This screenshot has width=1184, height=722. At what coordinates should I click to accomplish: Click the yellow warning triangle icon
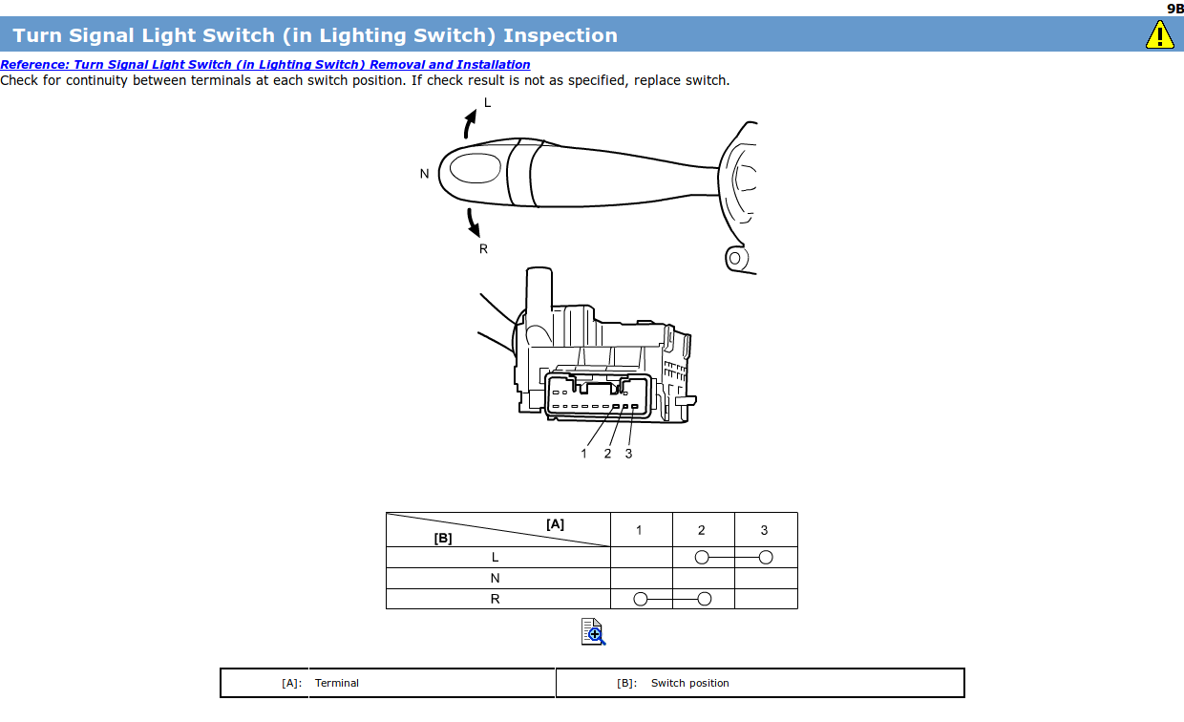point(1159,35)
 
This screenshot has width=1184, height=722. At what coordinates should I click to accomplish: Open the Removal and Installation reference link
point(265,65)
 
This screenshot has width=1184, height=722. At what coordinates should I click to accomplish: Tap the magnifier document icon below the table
point(593,631)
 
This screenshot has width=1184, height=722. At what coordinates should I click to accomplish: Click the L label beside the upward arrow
point(487,103)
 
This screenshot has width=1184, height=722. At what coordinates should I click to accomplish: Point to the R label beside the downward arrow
point(483,249)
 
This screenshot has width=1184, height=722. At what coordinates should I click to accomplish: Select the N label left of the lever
point(424,174)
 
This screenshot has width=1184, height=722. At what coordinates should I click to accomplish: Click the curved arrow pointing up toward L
point(469,123)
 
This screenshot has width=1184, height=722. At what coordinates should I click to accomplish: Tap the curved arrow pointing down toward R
point(473,223)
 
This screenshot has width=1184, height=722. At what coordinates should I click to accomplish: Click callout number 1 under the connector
point(584,454)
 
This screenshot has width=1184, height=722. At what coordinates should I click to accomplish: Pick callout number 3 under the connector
point(628,454)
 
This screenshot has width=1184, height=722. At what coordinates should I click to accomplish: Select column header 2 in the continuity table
point(702,530)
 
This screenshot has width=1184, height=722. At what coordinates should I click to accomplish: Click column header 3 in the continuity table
point(764,530)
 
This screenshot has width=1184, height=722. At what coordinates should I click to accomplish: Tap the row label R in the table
point(495,600)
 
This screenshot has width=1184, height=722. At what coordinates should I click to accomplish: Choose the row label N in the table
point(495,578)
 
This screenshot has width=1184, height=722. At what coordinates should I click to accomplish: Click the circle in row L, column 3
point(765,557)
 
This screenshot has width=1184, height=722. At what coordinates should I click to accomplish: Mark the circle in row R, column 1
point(640,599)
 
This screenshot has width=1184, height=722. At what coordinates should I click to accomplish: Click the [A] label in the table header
point(555,523)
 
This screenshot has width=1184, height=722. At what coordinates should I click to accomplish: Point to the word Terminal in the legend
point(337,683)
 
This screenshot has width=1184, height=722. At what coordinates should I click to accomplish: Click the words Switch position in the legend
point(689,683)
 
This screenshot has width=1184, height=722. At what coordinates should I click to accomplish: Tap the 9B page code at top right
point(1174,8)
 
